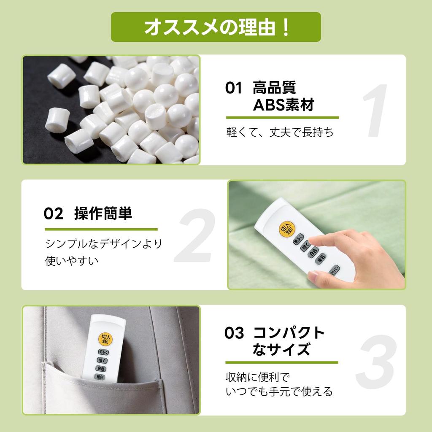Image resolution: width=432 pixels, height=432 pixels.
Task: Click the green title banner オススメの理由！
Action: (216, 27)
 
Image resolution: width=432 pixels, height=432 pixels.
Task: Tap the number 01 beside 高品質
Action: (233, 88)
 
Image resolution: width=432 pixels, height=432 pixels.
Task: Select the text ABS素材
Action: (283, 105)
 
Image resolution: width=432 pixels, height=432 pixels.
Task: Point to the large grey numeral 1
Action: (375, 111)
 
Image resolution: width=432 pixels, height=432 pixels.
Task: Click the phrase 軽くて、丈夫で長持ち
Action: (280, 132)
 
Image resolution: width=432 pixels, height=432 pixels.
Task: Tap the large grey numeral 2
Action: (195, 235)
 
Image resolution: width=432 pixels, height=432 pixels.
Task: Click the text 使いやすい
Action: (72, 261)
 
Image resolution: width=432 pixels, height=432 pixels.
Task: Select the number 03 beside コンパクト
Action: (234, 333)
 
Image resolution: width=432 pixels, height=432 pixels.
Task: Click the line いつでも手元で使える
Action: (279, 391)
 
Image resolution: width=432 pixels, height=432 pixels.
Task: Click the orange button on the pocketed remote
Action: (105, 338)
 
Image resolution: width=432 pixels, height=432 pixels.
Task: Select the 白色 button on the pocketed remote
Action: (101, 369)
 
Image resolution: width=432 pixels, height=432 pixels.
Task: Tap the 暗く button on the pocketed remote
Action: (102, 360)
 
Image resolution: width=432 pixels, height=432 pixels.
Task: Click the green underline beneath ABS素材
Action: (282, 118)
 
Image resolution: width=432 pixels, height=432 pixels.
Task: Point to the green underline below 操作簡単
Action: (101, 229)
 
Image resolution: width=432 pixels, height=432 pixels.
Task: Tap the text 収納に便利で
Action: (258, 377)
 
